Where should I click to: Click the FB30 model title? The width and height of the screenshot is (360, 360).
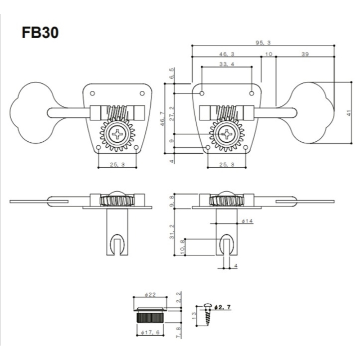40,33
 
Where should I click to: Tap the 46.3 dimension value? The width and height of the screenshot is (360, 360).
228,54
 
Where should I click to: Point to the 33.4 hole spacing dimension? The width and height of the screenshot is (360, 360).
226,64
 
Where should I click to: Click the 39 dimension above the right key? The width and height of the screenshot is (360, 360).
305,54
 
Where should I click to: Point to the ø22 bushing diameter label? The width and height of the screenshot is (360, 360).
150,295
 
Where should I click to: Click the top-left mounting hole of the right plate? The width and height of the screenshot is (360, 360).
202,93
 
